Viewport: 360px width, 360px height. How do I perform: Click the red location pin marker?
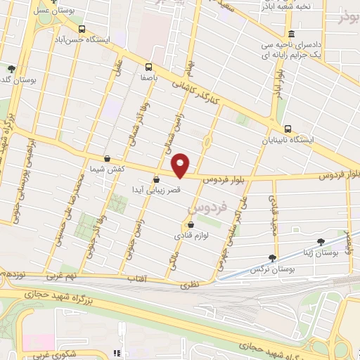pos(181,165)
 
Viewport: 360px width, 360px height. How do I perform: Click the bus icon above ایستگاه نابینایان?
pos(288,128)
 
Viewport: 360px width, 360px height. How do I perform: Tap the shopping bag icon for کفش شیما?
pos(107,158)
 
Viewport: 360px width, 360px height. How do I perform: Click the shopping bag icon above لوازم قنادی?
pos(180,225)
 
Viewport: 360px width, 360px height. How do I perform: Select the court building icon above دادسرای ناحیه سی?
pos(291,34)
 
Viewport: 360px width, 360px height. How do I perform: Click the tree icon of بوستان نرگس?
pos(272,259)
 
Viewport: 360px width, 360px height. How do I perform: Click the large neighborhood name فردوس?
pos(208,208)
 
